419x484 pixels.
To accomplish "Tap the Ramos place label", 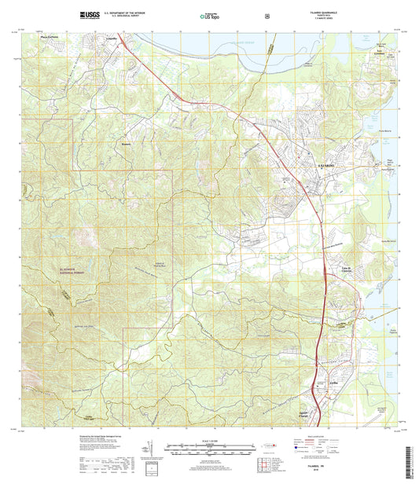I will point(126,144).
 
